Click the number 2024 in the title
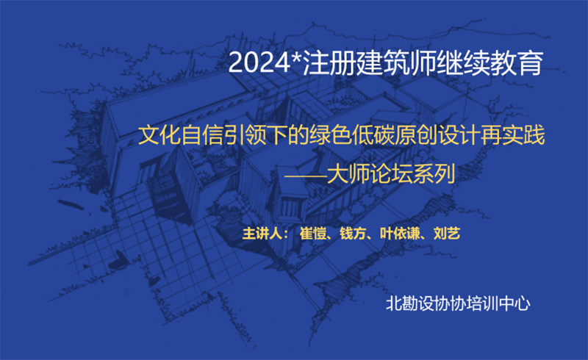pyautogui.click(x=259, y=62)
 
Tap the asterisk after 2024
pyautogui.click(x=296, y=57)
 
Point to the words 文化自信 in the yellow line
pyautogui.click(x=181, y=135)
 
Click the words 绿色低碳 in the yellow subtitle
pyautogui.click(x=352, y=135)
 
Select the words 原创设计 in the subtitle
pyautogui.click(x=437, y=135)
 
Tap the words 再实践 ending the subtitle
pyautogui.click(x=512, y=135)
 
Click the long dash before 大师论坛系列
pyautogui.click(x=305, y=174)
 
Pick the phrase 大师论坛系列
pyautogui.click(x=391, y=174)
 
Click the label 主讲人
pyautogui.click(x=262, y=233)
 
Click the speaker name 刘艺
pyautogui.click(x=447, y=233)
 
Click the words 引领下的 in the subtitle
pyautogui.click(x=266, y=135)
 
